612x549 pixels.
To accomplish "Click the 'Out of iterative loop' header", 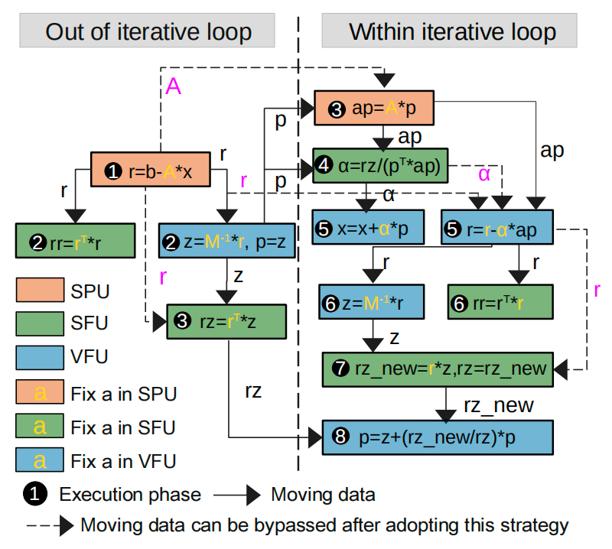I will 148,32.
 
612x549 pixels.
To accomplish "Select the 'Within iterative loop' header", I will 452,32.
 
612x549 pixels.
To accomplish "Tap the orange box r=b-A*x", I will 151,169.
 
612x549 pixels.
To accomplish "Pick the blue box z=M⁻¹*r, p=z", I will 226,241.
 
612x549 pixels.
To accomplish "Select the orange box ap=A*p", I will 374,108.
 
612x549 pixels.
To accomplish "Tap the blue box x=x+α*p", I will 366,227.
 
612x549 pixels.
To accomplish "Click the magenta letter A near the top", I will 174,87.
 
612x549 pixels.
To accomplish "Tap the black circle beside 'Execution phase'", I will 37,495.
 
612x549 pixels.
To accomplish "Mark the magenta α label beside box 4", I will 484,176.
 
